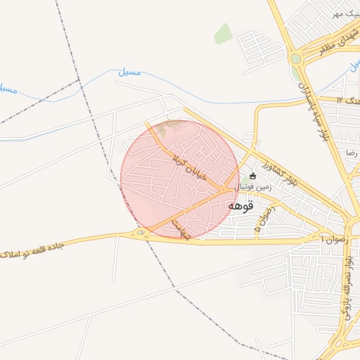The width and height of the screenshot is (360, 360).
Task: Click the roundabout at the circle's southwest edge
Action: point(141,232)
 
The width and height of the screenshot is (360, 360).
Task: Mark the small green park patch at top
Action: point(224,33)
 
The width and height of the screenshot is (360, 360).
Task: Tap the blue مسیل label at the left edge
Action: point(7,89)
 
